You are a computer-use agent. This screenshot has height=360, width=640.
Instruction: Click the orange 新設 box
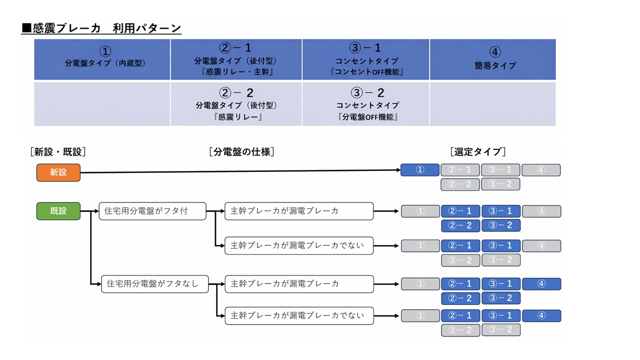(58, 172)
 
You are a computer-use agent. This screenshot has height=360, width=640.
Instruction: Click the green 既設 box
(58, 211)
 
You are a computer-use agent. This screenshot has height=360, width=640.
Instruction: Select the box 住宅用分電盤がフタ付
(152, 211)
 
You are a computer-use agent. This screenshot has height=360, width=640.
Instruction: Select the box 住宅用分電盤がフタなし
(154, 283)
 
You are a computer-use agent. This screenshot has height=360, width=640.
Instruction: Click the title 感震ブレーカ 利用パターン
(101, 28)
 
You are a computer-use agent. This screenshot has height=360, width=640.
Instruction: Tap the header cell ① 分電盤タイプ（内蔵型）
(102, 59)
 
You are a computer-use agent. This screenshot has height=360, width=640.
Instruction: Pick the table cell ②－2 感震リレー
(236, 104)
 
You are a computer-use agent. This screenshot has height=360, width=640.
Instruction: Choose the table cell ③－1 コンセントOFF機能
(366, 59)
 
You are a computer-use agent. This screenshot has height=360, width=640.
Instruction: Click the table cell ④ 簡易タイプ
(493, 59)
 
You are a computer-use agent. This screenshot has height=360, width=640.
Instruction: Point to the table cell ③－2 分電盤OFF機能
(366, 104)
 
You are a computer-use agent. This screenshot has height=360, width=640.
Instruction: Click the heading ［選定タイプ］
(477, 151)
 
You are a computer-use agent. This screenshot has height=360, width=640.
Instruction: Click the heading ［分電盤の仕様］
(241, 151)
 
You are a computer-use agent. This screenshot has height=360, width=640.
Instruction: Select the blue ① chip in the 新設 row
(420, 170)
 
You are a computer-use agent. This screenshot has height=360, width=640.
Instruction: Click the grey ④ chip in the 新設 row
(541, 170)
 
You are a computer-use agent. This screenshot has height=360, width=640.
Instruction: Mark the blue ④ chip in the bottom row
(541, 316)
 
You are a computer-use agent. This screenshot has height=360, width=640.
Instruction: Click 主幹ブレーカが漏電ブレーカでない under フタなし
(299, 315)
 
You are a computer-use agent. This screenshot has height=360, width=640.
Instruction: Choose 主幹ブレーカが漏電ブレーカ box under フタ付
(299, 211)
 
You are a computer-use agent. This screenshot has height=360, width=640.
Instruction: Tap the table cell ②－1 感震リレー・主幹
(236, 59)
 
